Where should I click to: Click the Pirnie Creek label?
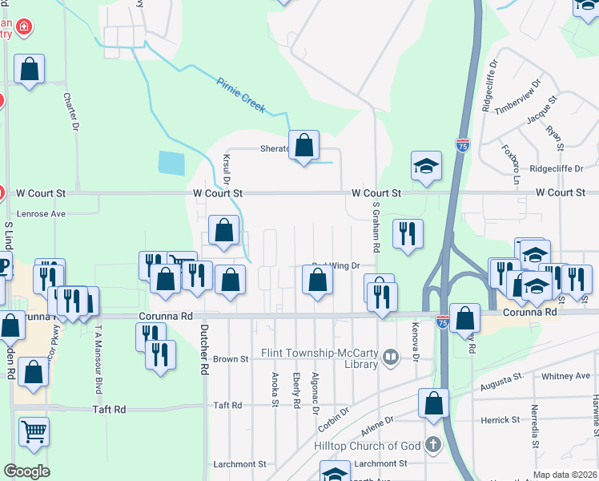click(x=241, y=94)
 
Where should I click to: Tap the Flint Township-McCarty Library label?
click(x=320, y=358)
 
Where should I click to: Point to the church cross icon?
click(x=432, y=444)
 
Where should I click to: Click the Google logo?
click(x=26, y=471)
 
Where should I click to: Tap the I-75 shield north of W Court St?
click(x=463, y=145)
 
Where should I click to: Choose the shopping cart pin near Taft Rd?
click(x=34, y=431)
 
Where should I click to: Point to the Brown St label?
click(x=231, y=360)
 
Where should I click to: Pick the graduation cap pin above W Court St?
click(x=426, y=167)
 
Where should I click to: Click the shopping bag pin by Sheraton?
click(x=304, y=146)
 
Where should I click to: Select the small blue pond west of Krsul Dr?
click(x=171, y=163)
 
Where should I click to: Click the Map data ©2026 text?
click(x=565, y=475)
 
